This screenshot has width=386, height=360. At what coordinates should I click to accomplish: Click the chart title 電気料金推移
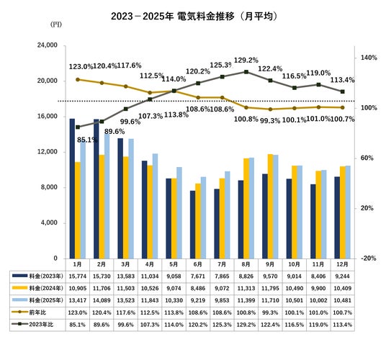pos(205,17)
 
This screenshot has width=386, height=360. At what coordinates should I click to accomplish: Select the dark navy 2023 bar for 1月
pos(72,189)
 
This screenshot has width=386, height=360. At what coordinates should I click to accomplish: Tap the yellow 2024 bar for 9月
pos(270,206)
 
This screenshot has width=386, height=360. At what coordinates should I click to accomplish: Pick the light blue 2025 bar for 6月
pos(203,217)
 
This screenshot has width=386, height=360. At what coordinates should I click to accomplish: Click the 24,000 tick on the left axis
pos(48,45)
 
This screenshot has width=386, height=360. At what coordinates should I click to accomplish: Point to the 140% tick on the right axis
pos(369,58)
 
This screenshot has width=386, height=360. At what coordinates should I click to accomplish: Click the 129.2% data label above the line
pos(246,60)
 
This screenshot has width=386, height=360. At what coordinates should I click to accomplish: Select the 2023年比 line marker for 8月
pos(246,72)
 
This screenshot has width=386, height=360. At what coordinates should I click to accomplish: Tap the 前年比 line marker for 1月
pos(78,79)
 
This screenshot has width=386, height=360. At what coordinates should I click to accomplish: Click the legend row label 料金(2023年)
pos(46,276)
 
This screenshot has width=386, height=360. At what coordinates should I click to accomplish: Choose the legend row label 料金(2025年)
pos(46,300)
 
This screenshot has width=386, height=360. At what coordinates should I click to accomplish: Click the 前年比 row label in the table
pos(37,312)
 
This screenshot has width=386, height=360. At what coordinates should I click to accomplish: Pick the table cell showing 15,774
pos(78,276)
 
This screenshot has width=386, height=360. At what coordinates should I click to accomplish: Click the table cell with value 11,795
pos(270,288)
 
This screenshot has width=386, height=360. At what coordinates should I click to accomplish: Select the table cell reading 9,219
pos(198,300)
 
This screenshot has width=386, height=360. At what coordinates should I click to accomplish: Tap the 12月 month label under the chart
pos(342,264)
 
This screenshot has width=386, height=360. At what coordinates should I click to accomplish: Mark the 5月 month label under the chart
pos(174,264)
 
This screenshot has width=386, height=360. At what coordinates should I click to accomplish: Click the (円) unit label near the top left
pos(56,24)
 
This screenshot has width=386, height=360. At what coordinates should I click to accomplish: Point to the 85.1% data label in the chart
pos(87,140)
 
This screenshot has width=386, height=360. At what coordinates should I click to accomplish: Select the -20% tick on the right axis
pos(369,258)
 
